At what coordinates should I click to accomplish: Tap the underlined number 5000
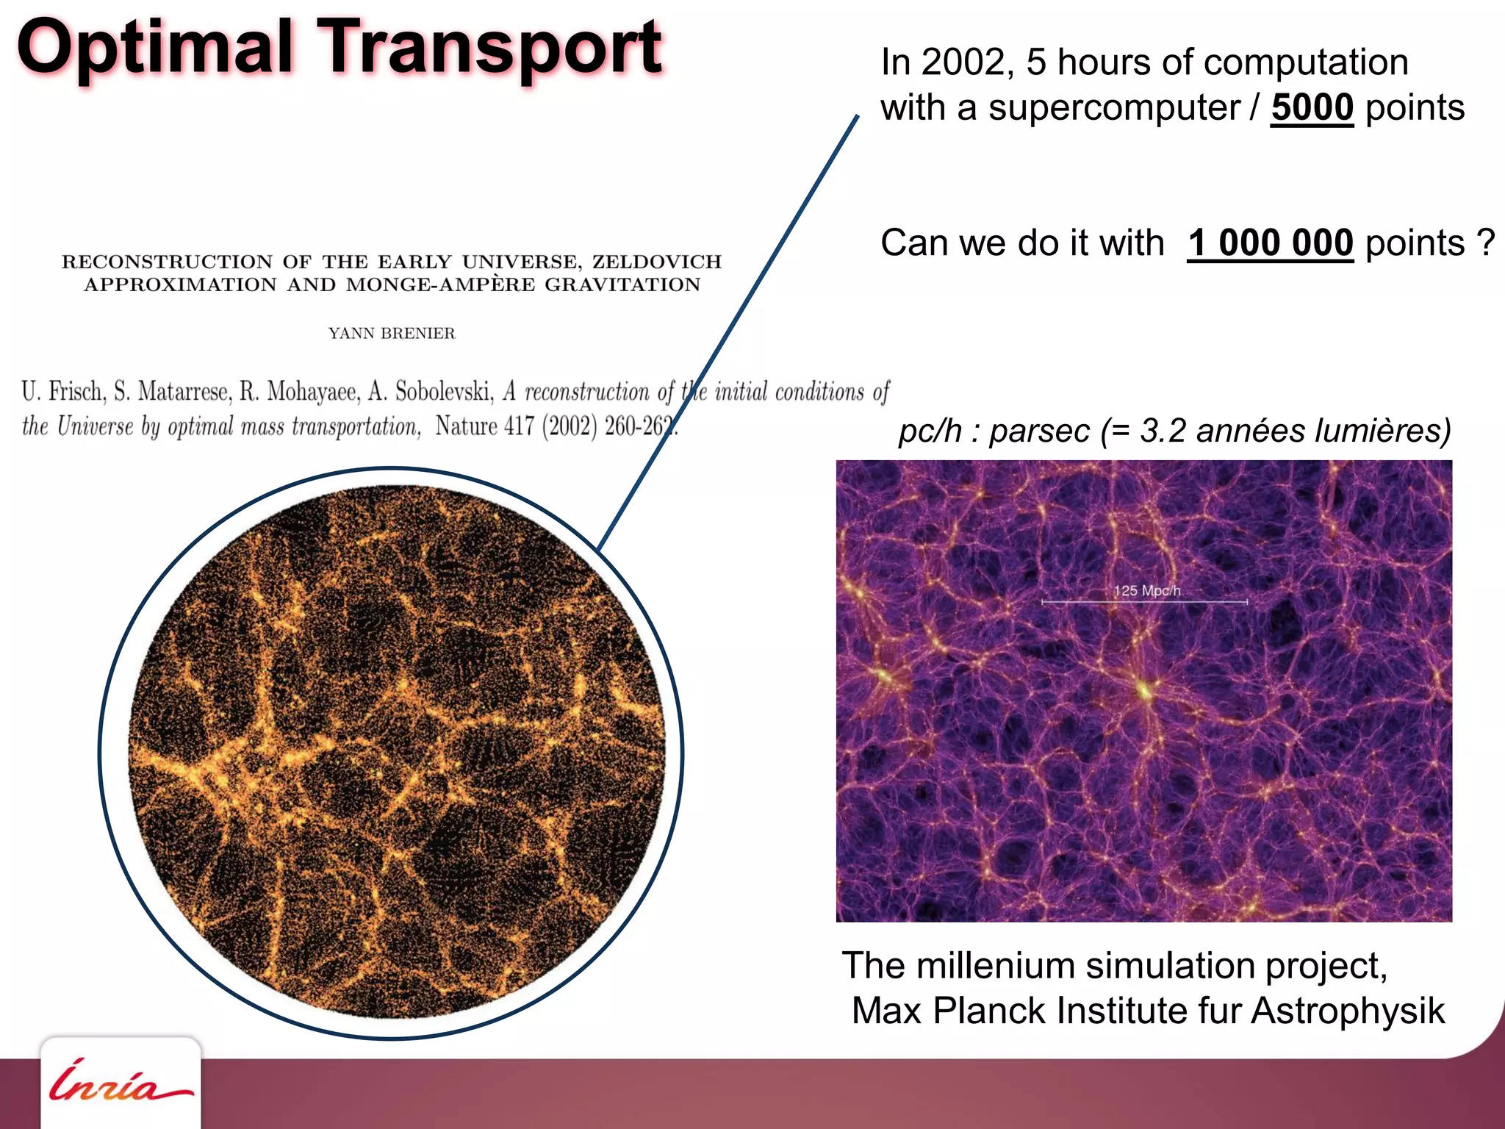click(1312, 108)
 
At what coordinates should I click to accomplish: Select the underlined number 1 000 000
click(1270, 243)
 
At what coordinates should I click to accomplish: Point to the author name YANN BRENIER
click(392, 334)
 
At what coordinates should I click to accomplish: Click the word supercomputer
click(1113, 108)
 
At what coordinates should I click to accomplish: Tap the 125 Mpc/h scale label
click(1146, 591)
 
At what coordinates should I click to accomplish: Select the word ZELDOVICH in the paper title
click(657, 262)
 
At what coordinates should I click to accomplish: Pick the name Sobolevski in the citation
click(444, 392)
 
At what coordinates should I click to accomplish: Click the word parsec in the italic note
click(1039, 431)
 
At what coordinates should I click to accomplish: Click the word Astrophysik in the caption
click(1348, 1011)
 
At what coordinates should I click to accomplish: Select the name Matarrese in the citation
click(184, 392)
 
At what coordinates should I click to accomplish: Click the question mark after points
click(1485, 243)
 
